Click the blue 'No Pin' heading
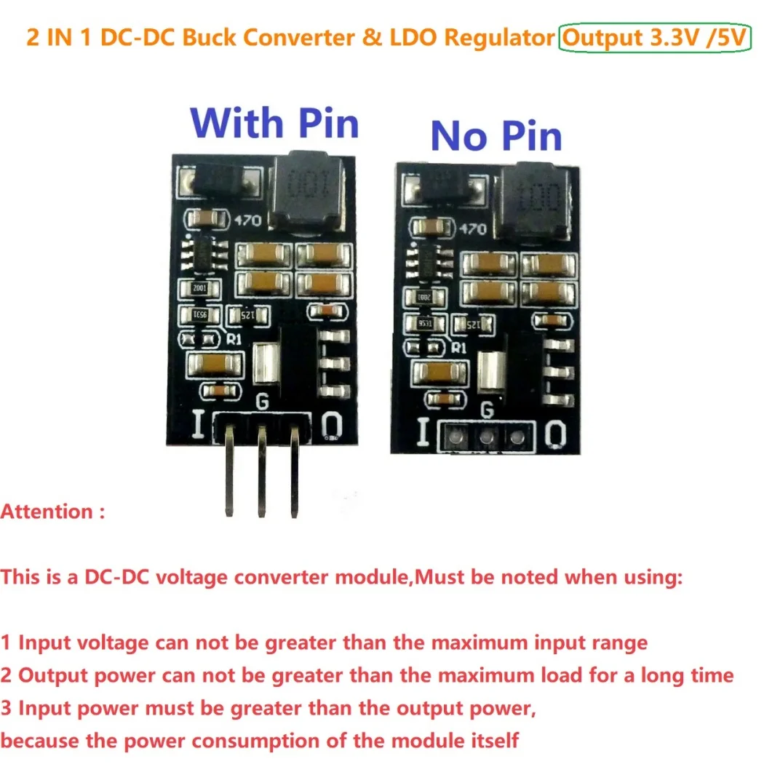(496, 136)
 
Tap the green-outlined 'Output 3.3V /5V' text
(654, 39)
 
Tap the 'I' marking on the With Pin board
(197, 425)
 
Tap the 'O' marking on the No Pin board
(554, 434)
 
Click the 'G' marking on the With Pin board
(263, 401)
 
